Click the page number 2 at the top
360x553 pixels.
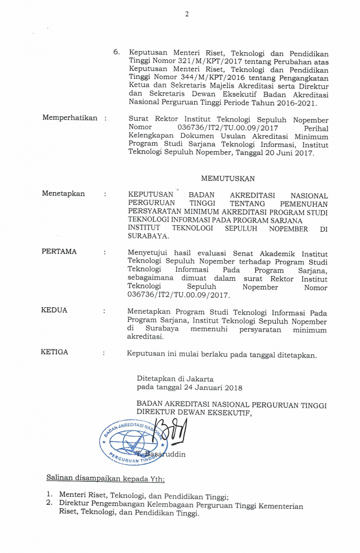(x=187, y=15)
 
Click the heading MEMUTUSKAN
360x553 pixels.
(x=228, y=178)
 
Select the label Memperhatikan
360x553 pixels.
(x=70, y=118)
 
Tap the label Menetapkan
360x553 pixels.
(x=63, y=194)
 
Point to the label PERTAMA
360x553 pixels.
(x=59, y=252)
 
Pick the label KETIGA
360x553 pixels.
(x=55, y=352)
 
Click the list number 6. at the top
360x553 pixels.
(x=116, y=53)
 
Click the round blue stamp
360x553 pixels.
(x=131, y=443)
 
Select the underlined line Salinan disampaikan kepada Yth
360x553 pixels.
(x=105, y=478)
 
